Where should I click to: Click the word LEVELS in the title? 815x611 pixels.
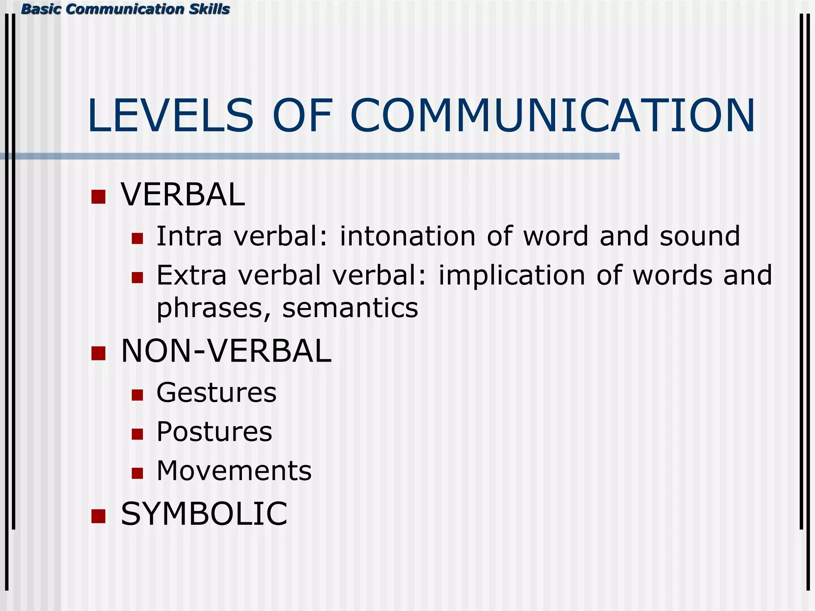(x=170, y=116)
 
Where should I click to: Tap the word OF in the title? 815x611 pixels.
(x=302, y=116)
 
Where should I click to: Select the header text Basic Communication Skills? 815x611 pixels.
(x=125, y=9)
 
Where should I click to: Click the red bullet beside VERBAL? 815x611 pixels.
(x=98, y=197)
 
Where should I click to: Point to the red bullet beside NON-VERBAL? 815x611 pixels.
(x=98, y=353)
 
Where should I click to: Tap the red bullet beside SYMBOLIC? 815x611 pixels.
(x=98, y=516)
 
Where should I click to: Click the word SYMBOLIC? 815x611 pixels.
(x=204, y=514)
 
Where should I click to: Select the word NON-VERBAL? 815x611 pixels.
(x=226, y=351)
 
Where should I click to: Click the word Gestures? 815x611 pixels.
(x=216, y=393)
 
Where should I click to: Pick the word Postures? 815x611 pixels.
(x=214, y=432)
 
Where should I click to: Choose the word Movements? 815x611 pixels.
(x=234, y=471)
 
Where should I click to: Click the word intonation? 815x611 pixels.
(x=407, y=236)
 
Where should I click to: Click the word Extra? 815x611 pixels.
(x=191, y=275)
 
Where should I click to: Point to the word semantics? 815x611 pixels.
(x=350, y=308)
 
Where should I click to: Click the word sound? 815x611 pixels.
(x=700, y=236)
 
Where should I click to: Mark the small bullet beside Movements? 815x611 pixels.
(x=137, y=473)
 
